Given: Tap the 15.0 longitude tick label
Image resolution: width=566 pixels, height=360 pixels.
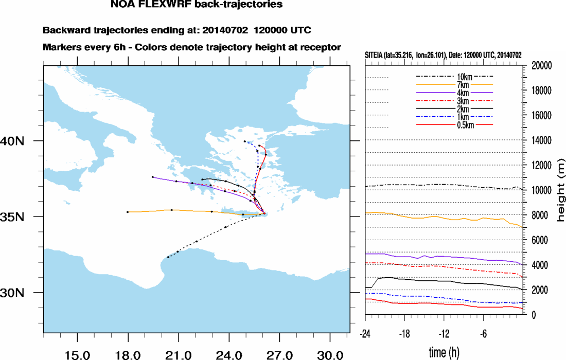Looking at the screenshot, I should point(77,354).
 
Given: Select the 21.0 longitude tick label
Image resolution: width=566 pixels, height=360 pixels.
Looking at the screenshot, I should point(178,354).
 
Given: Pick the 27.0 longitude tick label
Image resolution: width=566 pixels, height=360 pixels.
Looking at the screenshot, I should point(279,354).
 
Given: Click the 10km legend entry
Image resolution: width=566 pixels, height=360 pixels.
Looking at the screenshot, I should point(455,77).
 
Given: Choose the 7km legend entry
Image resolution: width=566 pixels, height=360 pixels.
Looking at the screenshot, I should point(455,84).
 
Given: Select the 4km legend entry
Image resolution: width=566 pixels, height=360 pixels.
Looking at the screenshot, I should point(455,93).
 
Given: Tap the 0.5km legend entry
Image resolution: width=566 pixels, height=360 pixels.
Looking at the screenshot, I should point(455,125).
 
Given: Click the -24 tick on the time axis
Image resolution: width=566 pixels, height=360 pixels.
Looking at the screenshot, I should point(365,334).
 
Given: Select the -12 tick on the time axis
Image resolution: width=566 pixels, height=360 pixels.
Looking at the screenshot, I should point(445,334).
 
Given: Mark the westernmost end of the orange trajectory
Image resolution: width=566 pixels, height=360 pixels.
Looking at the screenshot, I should point(128,212).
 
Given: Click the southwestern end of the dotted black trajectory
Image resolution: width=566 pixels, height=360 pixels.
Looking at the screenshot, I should point(168,257).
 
